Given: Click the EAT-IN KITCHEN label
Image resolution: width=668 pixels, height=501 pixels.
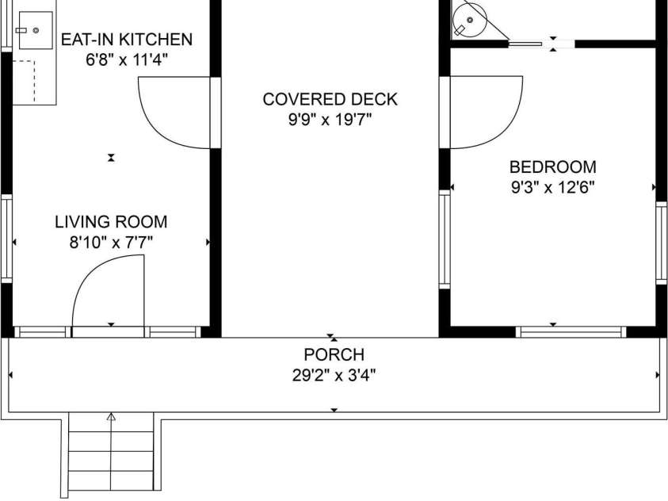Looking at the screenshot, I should click(127, 39).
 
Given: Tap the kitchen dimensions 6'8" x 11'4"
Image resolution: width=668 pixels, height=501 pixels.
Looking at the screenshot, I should click(127, 59).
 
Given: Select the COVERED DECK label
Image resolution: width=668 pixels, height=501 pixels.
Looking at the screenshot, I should click(330, 100).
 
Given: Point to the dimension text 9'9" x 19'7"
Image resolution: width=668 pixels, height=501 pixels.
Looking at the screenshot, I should click(330, 120).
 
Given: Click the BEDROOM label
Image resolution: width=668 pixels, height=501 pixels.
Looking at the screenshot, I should click(552, 167).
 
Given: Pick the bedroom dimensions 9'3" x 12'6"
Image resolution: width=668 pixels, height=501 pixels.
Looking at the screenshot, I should click(552, 188).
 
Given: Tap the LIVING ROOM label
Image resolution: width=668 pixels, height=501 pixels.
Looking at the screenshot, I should click(111, 222).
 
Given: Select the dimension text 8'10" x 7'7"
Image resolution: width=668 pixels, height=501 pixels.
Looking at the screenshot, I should click(111, 243).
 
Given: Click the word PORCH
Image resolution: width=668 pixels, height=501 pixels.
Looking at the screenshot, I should click(334, 355).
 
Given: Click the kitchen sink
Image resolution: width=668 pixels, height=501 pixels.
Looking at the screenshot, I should click(35, 30).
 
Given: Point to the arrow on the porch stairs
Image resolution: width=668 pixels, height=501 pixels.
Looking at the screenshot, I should click(111, 417).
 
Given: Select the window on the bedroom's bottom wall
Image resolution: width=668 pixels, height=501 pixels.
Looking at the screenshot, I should click(571, 332).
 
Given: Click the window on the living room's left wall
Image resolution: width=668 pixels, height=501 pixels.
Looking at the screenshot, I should click(6, 238).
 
